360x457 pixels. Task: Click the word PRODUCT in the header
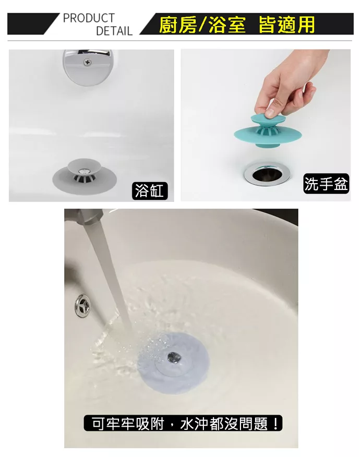pyautogui.click(x=89, y=18)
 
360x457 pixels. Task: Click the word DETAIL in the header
pyautogui.click(x=114, y=31)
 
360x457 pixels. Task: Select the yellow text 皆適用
pyautogui.click(x=286, y=25)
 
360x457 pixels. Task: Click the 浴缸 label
pyautogui.click(x=149, y=190)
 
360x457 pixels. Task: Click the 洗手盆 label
pyautogui.click(x=326, y=184)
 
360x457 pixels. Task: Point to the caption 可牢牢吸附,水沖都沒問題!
pyautogui.click(x=183, y=423)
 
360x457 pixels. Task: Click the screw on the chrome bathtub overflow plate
pyautogui.click(x=87, y=62)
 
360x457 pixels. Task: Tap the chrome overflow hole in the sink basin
pyautogui.click(x=82, y=305)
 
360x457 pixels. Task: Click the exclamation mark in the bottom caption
pyautogui.click(x=275, y=423)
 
